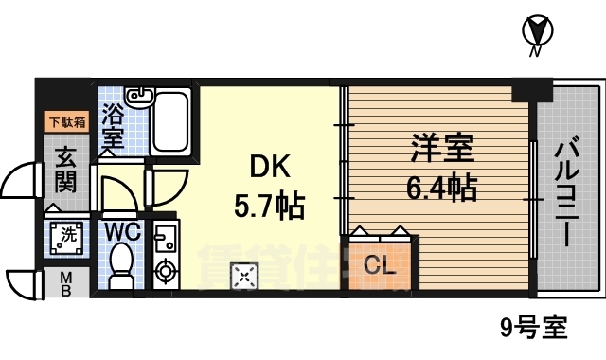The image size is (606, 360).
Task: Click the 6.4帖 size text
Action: (x=442, y=188)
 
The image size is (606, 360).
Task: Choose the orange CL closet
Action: (x=379, y=266)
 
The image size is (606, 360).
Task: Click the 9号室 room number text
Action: (x=534, y=329)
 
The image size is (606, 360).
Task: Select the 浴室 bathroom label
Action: (x=113, y=123)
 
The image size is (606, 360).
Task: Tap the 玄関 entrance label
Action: (x=65, y=168)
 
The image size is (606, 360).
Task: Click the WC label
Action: (x=122, y=231)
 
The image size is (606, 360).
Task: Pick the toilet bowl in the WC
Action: (x=122, y=265)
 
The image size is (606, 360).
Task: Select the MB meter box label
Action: (x=65, y=281)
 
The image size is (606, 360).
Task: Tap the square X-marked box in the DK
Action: (x=244, y=276)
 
